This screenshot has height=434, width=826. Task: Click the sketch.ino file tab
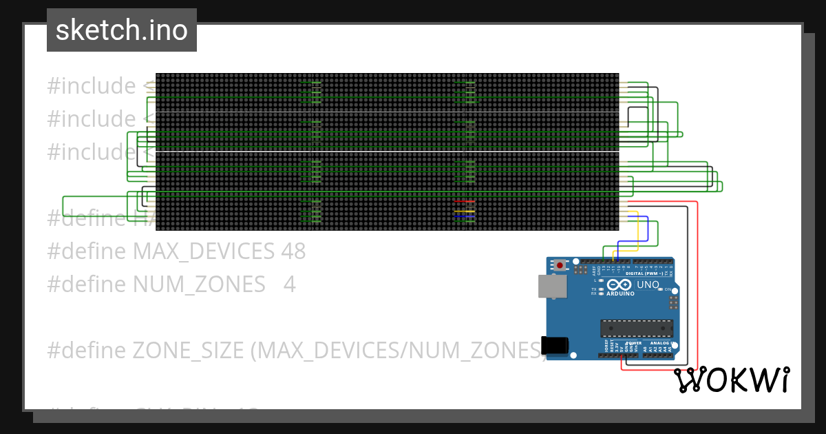(121, 30)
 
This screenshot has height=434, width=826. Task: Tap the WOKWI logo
(731, 380)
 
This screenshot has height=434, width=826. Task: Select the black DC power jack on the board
(555, 344)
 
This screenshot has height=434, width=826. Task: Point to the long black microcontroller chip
(635, 329)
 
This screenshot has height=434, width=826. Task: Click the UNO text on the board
(648, 285)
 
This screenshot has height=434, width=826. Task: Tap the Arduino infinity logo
(618, 285)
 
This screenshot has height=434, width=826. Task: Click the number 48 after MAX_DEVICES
(293, 251)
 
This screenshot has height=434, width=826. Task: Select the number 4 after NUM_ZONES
(290, 284)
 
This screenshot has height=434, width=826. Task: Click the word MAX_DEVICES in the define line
(204, 251)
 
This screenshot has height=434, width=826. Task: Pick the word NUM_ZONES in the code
(199, 284)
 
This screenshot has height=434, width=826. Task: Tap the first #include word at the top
(91, 86)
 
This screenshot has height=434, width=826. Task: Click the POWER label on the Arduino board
(634, 343)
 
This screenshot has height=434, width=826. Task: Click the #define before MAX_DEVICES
(87, 251)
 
